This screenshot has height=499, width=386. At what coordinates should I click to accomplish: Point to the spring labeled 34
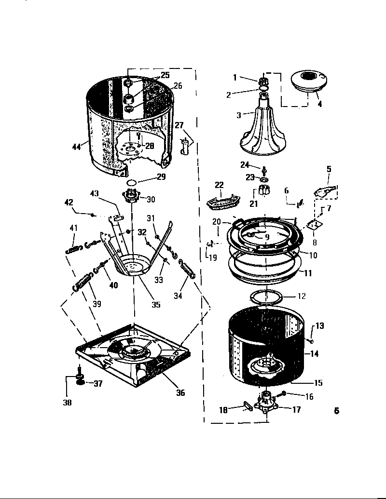(186, 269)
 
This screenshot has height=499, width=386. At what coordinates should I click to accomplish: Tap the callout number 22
(220, 185)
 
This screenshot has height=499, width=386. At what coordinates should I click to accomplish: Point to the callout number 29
(161, 177)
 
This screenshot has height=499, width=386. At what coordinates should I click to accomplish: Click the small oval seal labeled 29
(131, 183)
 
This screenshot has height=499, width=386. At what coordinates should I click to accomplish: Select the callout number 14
(314, 354)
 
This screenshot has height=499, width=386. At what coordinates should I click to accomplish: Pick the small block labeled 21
(263, 190)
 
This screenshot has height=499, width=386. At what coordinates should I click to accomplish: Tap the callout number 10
(313, 256)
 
